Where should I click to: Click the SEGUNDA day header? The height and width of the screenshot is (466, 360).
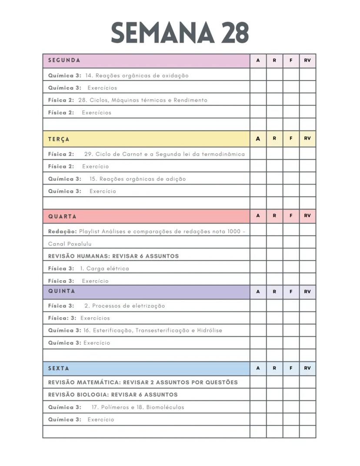[64, 60]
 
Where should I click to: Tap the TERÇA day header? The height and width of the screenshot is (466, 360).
[59, 139]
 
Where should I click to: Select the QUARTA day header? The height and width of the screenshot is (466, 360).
[62, 216]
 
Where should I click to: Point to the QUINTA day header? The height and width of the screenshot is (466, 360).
[62, 291]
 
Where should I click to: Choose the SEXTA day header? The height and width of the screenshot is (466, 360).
[59, 368]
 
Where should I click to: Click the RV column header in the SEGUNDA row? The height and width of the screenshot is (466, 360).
[307, 60]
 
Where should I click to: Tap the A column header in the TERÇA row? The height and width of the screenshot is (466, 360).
[258, 139]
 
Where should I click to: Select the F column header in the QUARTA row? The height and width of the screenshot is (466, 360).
[291, 216]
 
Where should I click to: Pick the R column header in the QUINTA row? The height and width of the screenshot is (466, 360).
[274, 292]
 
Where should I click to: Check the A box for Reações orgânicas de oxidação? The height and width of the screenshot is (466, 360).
[258, 75]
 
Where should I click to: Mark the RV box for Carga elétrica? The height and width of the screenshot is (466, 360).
[307, 268]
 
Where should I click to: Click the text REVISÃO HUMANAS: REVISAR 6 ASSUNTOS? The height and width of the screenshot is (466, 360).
[113, 256]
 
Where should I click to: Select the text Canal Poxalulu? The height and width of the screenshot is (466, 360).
[70, 244]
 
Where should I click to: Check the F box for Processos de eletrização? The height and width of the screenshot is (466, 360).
[291, 305]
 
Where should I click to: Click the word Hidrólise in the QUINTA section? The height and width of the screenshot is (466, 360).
[209, 330]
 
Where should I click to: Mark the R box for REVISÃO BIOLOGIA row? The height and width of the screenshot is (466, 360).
[274, 395]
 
